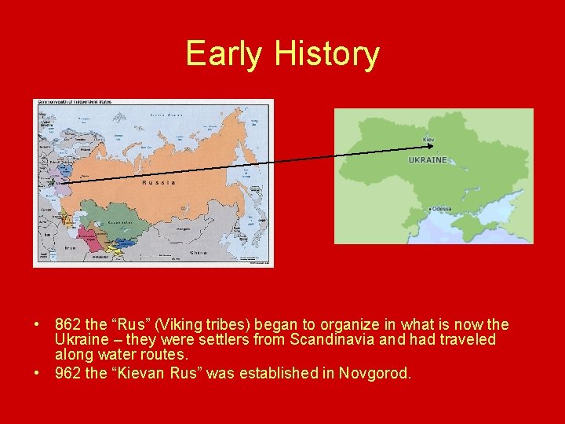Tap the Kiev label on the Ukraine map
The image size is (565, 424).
[428, 140]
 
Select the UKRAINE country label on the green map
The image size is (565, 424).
[428, 160]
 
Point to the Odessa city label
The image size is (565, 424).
[441, 209]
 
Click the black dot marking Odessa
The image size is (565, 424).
[429, 209]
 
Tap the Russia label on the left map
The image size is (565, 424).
[159, 182]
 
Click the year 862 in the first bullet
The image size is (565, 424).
[67, 325]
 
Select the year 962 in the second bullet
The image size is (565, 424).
[67, 373]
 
